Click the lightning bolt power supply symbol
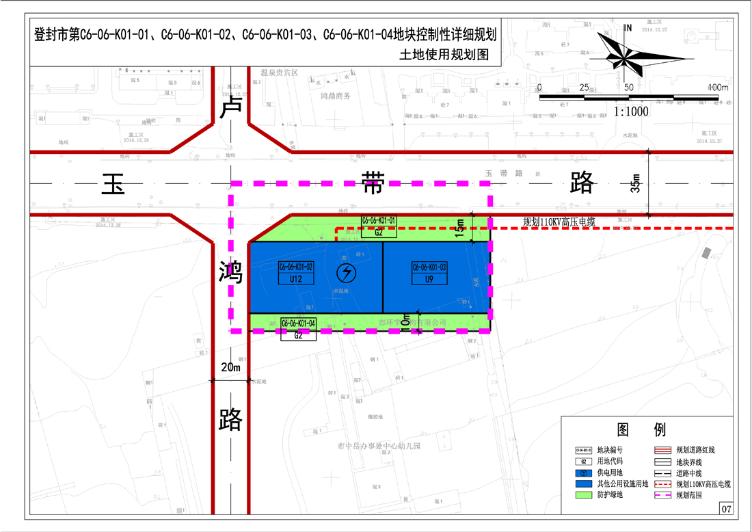[x=347, y=273]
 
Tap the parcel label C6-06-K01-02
[x=296, y=267]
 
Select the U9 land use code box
[x=429, y=279]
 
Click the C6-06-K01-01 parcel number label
[x=379, y=220]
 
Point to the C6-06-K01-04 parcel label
[x=298, y=323]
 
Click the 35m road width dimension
[x=636, y=183]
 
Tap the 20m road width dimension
[x=231, y=368]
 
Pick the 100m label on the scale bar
[x=718, y=88]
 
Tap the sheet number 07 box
[x=726, y=509]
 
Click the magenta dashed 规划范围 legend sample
[x=661, y=494]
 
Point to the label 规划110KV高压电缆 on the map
[x=559, y=222]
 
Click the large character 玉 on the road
[x=113, y=184]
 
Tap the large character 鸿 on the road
[x=231, y=273]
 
